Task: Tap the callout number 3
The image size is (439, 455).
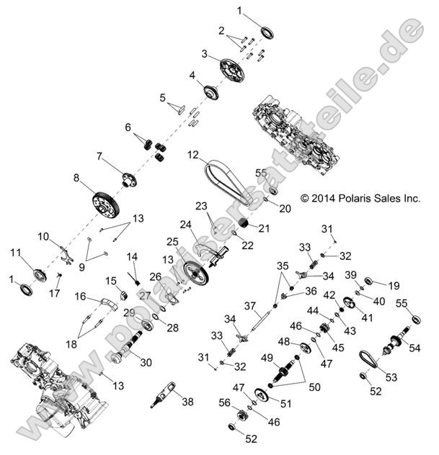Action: pyautogui.click(x=205, y=54)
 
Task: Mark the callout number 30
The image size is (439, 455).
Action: pyautogui.click(x=146, y=362)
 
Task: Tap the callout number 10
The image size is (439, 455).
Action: pyautogui.click(x=43, y=235)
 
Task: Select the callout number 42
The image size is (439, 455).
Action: pyautogui.click(x=329, y=294)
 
